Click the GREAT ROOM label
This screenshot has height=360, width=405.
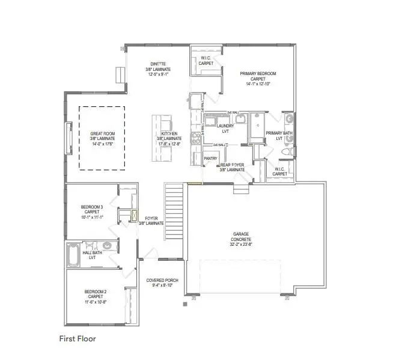pos(102,133)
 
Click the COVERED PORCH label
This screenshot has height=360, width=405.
pos(162,280)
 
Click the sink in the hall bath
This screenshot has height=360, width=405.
pos(107,246)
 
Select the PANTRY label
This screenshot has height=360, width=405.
pos(210,159)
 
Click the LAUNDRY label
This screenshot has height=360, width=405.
pos(225,126)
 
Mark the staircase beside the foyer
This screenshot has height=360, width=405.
pos(172,204)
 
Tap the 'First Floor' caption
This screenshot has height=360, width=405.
pos(77,338)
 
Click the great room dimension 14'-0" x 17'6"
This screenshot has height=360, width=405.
pos(102,144)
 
